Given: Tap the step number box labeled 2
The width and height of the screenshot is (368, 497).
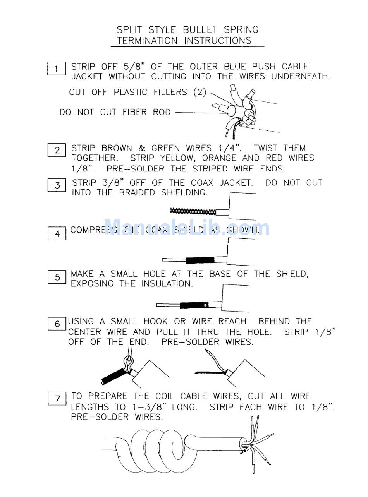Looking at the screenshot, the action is pyautogui.click(x=57, y=150).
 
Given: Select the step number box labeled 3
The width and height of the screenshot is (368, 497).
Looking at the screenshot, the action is pyautogui.click(x=57, y=185).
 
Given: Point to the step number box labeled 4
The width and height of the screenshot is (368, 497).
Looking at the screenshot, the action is pyautogui.click(x=57, y=234).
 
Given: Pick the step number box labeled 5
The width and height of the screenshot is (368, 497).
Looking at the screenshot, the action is pyautogui.click(x=57, y=277).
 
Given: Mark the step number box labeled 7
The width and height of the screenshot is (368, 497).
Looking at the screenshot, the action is pyautogui.click(x=57, y=399).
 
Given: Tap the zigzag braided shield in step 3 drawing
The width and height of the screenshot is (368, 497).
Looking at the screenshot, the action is pyautogui.click(x=193, y=211).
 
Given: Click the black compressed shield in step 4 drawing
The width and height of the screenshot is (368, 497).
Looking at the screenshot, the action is pyautogui.click(x=200, y=260).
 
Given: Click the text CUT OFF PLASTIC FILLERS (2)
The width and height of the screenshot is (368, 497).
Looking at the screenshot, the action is pyautogui.click(x=138, y=93).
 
